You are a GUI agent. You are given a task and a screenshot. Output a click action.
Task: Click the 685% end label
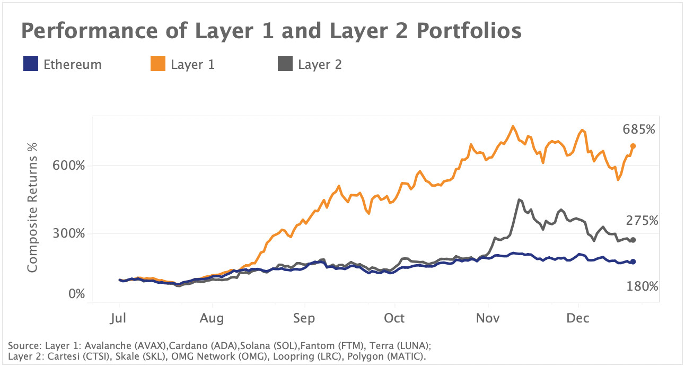pos(639,130)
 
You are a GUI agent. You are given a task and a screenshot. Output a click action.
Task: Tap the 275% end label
pos(642,220)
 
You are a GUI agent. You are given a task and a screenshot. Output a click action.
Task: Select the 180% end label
pos(642,287)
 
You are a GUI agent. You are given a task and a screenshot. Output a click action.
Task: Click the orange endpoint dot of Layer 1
pos(633,146)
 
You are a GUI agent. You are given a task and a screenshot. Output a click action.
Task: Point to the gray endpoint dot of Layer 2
pos(633,240)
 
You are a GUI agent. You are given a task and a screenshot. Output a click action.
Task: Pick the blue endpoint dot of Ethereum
pos(633,262)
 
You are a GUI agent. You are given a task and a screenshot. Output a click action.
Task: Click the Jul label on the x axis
pos(119,318)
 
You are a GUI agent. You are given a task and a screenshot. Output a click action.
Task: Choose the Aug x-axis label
pos(212,318)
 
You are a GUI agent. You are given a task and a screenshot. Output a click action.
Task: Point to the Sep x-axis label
pos(304,318)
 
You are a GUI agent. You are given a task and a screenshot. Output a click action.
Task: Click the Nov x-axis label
pos(488,318)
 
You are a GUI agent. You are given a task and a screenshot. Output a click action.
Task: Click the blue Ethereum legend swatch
pos(31,65)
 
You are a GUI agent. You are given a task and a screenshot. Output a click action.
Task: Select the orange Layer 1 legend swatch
pos(158,65)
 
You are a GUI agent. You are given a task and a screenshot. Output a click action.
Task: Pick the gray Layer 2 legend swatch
pos(285,65)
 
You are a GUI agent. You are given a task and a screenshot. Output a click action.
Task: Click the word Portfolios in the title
pos(454,32)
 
